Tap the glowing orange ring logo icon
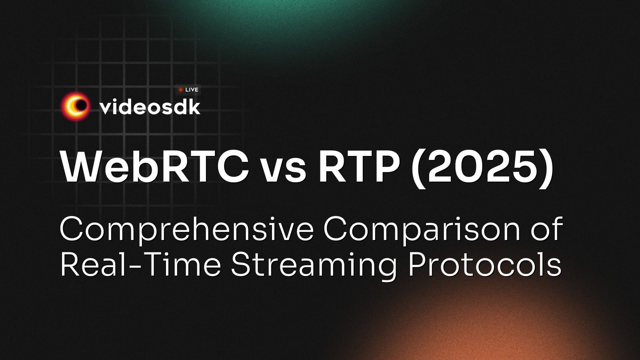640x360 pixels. point(76,106)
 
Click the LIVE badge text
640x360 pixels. point(192,90)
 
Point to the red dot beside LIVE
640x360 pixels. point(180,90)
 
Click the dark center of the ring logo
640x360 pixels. point(82,105)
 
